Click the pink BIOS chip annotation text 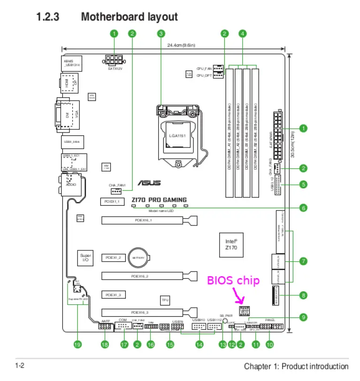(x=233, y=281)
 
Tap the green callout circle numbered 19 (x=77, y=344)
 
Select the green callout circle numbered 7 (x=303, y=260)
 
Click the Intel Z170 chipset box (x=231, y=244)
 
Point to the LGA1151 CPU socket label (x=178, y=136)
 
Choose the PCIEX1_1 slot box (x=112, y=202)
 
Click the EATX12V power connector (x=115, y=61)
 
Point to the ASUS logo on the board (x=149, y=183)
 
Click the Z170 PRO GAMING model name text (x=159, y=200)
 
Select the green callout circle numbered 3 (x=161, y=33)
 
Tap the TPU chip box (x=165, y=299)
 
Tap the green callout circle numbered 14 (x=200, y=344)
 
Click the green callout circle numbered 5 (x=303, y=184)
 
